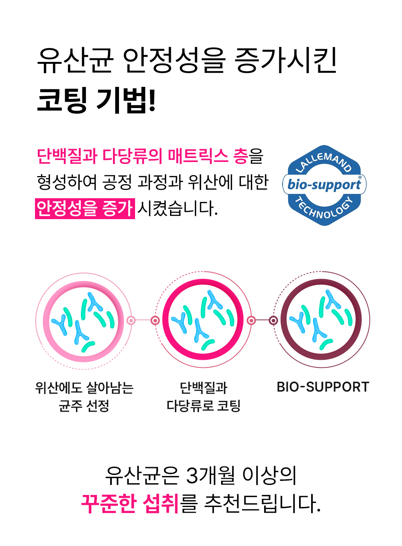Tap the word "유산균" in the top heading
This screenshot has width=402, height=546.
[x=75, y=61]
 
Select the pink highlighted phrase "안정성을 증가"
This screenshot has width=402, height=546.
[x=85, y=208]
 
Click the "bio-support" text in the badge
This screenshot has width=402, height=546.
[x=324, y=185]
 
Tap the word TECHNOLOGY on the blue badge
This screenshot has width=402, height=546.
[x=324, y=209]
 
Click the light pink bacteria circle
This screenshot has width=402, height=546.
[x=83, y=321]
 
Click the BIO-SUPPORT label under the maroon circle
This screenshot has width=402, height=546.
[x=323, y=387]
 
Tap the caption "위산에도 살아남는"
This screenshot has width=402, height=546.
[x=84, y=388]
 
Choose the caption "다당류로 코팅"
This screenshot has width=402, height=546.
[x=203, y=405]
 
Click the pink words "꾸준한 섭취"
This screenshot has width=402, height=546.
[x=130, y=503]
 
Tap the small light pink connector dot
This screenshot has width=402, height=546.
[x=131, y=320]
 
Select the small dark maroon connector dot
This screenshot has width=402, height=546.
[x=273, y=320]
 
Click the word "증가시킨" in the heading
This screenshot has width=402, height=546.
[x=285, y=61]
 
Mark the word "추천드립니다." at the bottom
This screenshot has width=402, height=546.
[x=263, y=503]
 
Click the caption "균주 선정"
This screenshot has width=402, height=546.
[x=84, y=405]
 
